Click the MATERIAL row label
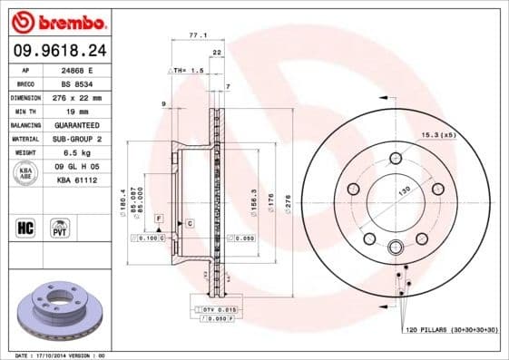[25, 138]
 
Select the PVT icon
[60, 227]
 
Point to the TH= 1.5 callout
[183, 69]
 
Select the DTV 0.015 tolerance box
[214, 309]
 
